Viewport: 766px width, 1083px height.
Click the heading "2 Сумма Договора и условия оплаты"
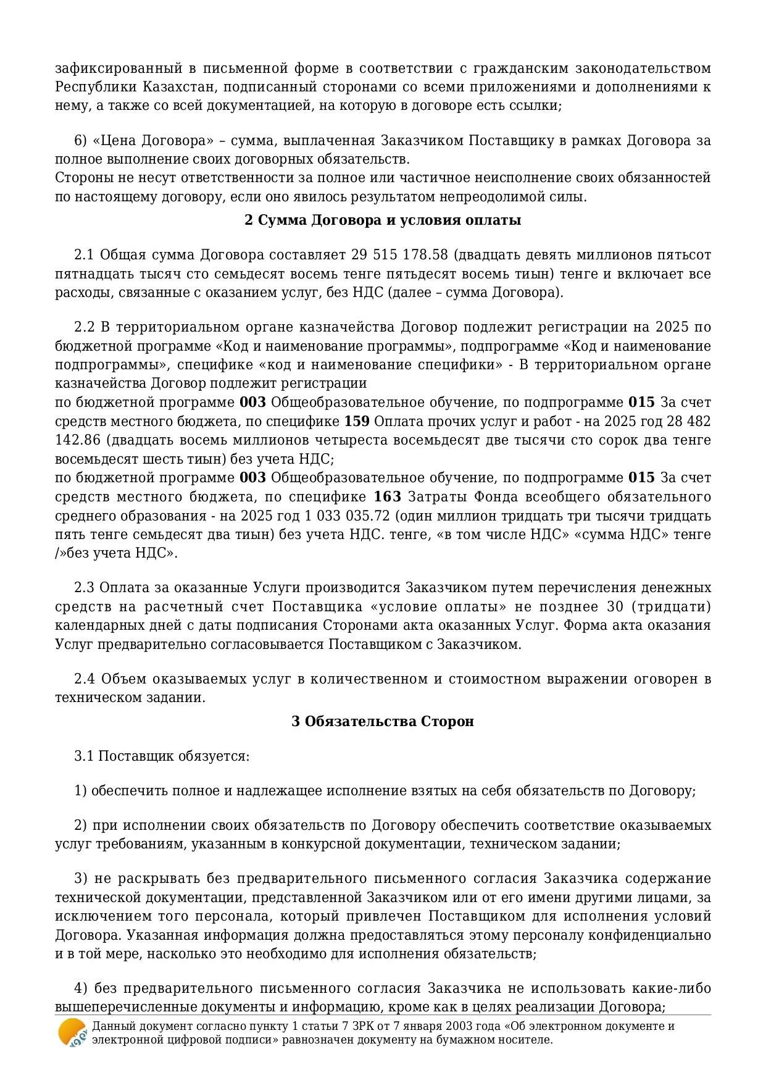(383, 220)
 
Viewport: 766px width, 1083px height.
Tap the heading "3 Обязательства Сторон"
(383, 721)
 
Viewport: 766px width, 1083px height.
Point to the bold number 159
(357, 422)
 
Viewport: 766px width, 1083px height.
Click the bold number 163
(388, 497)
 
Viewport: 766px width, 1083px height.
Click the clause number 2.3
(84, 587)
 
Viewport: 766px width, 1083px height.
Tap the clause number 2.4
(84, 679)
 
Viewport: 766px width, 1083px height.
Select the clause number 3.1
(84, 756)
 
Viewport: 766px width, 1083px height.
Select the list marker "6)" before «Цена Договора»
(81, 141)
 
